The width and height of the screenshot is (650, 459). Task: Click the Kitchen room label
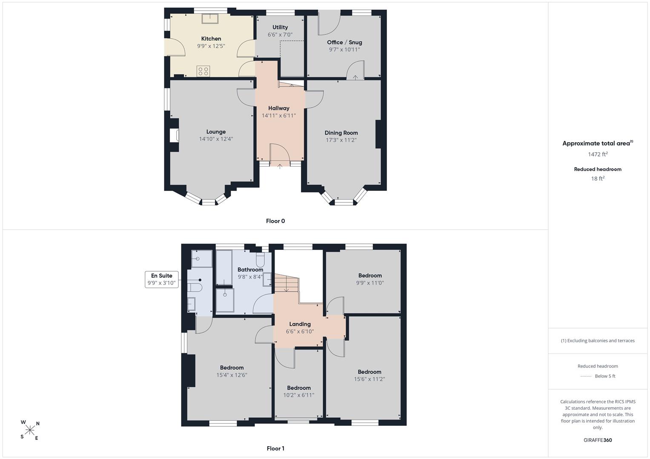[x=211, y=39]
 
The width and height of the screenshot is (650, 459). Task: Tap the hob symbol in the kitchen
[x=203, y=71]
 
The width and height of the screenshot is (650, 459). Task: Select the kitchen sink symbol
[x=210, y=18]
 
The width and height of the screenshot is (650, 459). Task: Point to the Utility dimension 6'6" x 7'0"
[x=280, y=35]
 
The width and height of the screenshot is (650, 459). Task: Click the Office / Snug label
[x=344, y=42]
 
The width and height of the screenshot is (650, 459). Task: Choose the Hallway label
[x=278, y=108]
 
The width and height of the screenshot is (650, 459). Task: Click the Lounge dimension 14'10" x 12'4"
[x=216, y=139]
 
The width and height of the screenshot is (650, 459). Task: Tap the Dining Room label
[x=341, y=133]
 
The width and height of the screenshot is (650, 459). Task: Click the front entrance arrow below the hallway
[x=280, y=167]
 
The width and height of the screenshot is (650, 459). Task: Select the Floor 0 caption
[x=275, y=221]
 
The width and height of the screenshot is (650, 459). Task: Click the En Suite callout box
[x=162, y=279]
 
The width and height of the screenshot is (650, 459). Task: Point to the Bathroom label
[x=250, y=269]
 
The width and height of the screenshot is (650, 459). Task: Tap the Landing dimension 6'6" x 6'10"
[x=300, y=331]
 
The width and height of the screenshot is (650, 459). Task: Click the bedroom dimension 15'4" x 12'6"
[x=232, y=375]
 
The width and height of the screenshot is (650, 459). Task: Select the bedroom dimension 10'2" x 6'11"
[x=298, y=395]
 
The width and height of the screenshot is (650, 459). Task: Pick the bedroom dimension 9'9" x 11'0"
[x=370, y=283]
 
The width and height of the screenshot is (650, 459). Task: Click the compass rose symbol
[x=30, y=430]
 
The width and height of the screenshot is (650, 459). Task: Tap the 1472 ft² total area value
[x=598, y=154]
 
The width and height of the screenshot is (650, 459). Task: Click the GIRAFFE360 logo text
[x=598, y=440]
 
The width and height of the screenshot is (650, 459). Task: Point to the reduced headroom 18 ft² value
[x=598, y=178]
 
